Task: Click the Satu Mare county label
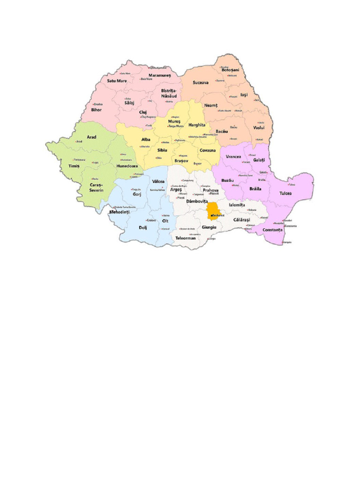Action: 117,81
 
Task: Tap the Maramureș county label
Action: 160,75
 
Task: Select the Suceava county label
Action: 201,82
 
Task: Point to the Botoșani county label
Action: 230,70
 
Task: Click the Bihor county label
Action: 96,110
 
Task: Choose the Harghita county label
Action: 197,125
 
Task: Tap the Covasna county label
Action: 207,150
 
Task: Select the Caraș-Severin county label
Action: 96,187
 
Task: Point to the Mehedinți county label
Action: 119,212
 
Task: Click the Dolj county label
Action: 143,228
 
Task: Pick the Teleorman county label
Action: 185,238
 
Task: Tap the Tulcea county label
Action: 285,193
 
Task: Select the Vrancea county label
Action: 233,157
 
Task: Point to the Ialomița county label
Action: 237,205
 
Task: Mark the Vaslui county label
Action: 259,127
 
